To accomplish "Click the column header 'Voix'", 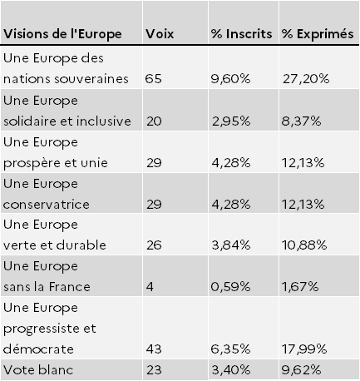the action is pos(160,34).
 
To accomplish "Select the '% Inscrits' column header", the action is pos(241,34).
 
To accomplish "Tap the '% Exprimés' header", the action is pos(318,34).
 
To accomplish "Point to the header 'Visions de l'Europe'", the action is pos(62,34).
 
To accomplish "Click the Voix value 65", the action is pos(153,79).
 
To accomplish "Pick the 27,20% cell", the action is pos(306,79).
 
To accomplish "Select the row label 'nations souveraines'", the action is pos(66,79).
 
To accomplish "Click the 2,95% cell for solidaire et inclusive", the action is pos(231,121).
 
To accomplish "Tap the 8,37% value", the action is pos(301,121).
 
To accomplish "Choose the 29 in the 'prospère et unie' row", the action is pos(154,163).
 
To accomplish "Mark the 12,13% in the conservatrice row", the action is pos(303,205).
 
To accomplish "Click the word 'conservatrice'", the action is pos(47,205).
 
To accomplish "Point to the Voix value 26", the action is pos(154,245).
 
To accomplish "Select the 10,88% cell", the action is pos(304,245).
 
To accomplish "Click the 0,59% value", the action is pos(230,287).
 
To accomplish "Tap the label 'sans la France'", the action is pos(47,287).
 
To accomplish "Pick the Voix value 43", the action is pos(154,349).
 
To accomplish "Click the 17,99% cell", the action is pos(304,349).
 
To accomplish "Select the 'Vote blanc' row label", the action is pos(38,369).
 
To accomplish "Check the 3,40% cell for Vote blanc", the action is pos(231,369).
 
